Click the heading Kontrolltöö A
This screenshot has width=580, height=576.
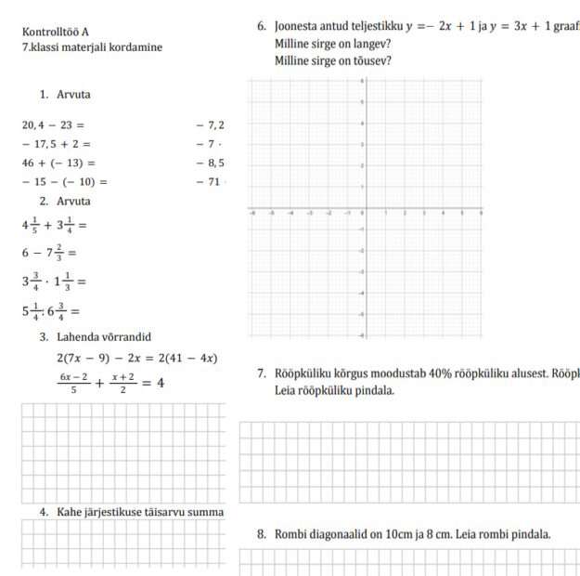(55, 32)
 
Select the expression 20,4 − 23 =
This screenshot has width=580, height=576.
(53, 124)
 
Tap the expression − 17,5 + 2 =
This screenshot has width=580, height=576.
(56, 144)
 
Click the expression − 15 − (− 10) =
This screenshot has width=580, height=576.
(64, 182)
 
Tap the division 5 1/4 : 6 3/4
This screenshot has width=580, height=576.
(51, 311)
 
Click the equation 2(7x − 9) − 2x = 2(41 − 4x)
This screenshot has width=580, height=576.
(136, 358)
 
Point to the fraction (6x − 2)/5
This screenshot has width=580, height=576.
(72, 382)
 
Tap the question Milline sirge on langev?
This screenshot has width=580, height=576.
(332, 44)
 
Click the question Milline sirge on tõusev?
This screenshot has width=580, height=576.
(332, 61)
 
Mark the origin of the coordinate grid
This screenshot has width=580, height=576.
(362, 209)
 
